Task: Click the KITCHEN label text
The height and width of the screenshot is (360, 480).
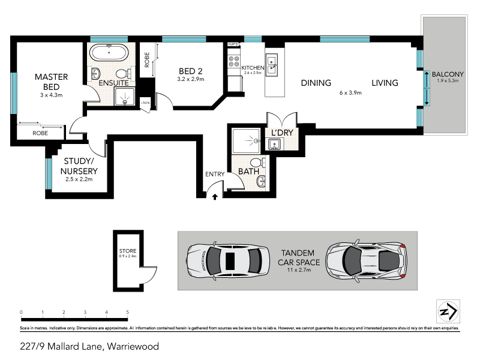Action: tap(253, 68)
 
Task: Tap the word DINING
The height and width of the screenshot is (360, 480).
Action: tap(317, 83)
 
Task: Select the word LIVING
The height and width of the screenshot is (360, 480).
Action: tap(384, 83)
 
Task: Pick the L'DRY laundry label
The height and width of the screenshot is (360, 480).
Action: tap(281, 132)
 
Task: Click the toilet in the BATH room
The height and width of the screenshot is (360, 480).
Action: tap(256, 163)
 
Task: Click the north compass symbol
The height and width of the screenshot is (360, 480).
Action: tap(448, 312)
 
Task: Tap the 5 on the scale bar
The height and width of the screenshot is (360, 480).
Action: tap(128, 312)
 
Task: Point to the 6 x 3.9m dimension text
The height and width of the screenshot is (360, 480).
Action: tap(350, 93)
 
